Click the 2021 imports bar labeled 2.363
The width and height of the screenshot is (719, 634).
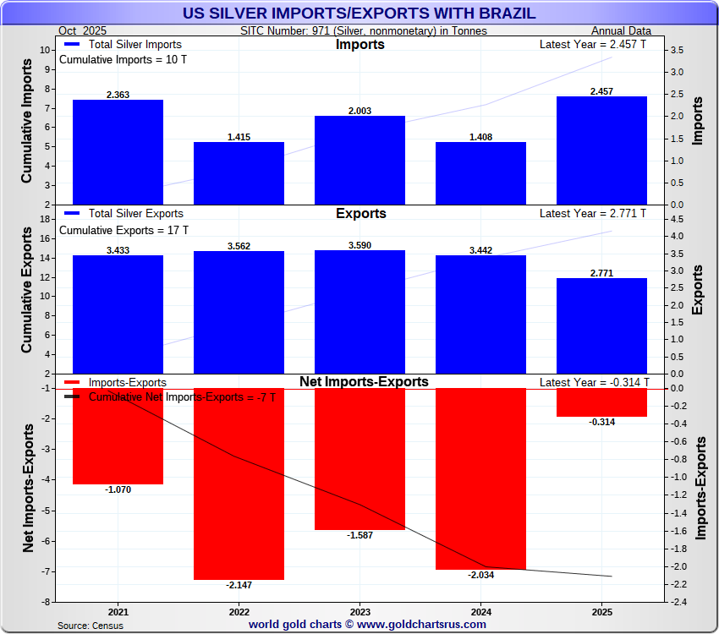tap(118, 152)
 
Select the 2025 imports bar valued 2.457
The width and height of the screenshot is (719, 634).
tap(601, 150)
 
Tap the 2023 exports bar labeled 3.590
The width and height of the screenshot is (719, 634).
tap(359, 311)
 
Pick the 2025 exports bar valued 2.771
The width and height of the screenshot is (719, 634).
tap(601, 325)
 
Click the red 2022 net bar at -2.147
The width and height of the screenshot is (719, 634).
tap(239, 484)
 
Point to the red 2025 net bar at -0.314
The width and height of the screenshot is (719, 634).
tap(601, 402)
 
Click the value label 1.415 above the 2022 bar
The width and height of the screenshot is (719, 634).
tap(239, 137)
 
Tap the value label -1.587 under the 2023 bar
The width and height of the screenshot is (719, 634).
tap(359, 536)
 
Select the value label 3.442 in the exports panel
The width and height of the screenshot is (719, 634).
tap(480, 250)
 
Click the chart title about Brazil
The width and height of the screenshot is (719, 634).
tap(359, 14)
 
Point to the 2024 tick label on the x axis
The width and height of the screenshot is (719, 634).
tap(480, 612)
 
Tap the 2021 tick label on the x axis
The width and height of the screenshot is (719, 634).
tap(118, 612)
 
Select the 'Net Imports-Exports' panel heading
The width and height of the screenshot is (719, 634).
tap(364, 382)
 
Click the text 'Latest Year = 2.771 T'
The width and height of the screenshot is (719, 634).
tap(592, 214)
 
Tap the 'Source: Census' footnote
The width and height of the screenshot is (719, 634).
tap(91, 626)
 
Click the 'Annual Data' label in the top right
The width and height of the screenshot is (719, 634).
tap(621, 31)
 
